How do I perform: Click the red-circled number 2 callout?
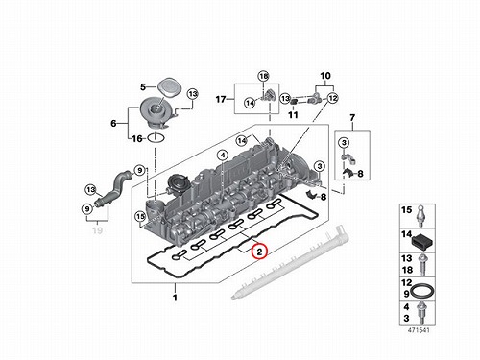259,251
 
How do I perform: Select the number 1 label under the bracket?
175,298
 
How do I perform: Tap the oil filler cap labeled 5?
169,86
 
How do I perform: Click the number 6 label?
113,123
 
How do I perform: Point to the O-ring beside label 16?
156,138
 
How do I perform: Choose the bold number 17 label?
221,99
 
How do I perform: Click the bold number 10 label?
325,76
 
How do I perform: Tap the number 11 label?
293,114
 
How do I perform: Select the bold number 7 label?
352,118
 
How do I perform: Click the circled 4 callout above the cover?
223,156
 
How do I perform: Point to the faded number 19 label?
97,230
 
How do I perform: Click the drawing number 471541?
419,330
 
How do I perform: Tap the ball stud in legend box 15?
421,216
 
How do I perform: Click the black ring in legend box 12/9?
422,291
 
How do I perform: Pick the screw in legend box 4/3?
421,313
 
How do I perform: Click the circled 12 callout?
332,98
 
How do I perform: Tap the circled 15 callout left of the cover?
140,216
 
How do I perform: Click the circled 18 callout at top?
263,76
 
